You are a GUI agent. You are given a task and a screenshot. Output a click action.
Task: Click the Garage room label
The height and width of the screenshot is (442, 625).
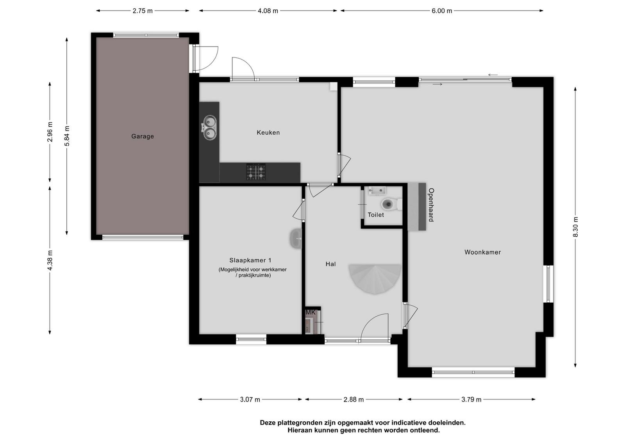[143, 136]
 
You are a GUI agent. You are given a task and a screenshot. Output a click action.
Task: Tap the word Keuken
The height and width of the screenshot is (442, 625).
[268, 132]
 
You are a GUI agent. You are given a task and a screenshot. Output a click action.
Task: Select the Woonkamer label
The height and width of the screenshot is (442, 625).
[482, 252]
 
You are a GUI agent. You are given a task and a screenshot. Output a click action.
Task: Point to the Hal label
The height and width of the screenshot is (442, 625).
[330, 264]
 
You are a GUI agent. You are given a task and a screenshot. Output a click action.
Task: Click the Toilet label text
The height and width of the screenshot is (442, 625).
[375, 215]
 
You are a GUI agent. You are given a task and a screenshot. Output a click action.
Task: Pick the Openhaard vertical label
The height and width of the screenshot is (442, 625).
[431, 205]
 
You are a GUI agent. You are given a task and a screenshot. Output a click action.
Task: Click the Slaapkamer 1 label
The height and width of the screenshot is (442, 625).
[250, 260]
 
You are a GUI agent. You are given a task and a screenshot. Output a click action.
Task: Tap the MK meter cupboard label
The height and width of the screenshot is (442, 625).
[311, 312]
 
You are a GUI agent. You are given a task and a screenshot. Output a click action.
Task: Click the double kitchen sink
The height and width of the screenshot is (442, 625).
[209, 128]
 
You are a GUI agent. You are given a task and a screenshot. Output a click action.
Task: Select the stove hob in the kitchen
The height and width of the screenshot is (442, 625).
[256, 172]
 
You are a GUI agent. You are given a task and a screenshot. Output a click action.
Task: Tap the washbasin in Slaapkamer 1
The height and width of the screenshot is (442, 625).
[296, 239]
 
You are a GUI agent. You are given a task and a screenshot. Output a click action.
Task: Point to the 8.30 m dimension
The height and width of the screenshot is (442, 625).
[575, 226]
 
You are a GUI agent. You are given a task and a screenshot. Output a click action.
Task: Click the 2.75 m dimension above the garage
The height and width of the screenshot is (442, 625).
[143, 11]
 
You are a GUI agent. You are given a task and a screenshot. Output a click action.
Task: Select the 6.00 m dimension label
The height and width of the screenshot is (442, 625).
[442, 11]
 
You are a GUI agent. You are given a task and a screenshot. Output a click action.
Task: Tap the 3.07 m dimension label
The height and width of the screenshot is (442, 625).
[250, 399]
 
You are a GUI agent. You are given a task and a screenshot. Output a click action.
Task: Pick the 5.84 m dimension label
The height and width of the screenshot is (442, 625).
[67, 136]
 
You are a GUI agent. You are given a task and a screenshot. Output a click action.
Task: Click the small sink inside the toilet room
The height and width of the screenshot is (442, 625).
[377, 191]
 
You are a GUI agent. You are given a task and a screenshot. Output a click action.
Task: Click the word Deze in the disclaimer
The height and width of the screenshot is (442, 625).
[268, 423]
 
